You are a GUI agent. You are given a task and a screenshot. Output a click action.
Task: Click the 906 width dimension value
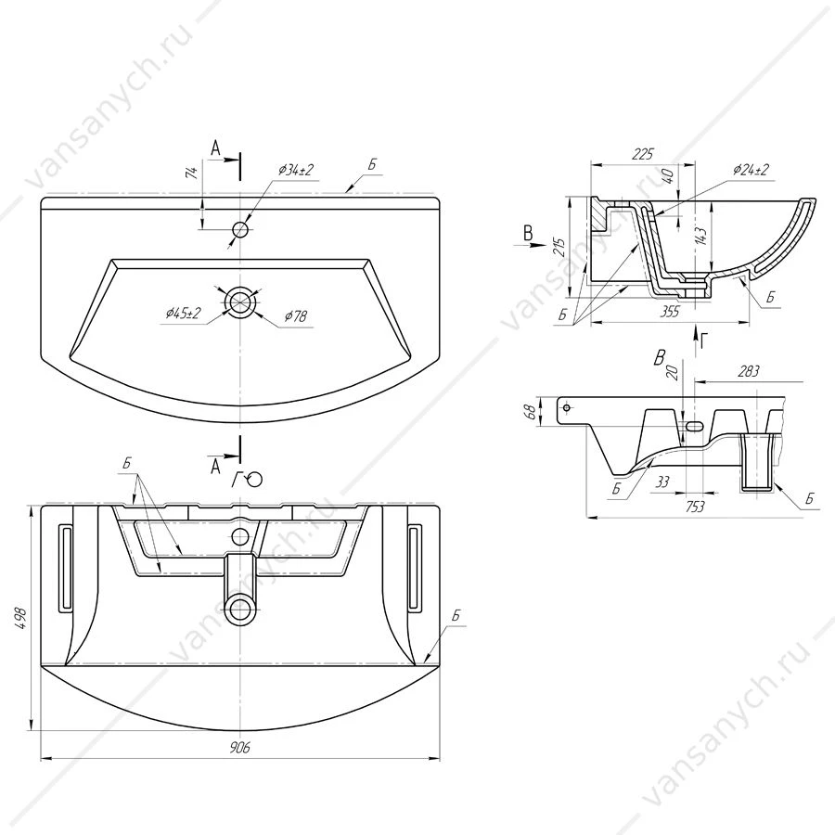point(239,747)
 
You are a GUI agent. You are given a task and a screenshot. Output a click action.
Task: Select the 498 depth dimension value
point(20,618)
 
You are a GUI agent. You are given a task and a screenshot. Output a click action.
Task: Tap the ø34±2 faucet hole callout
point(296,170)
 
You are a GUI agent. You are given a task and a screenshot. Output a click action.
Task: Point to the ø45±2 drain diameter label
point(183,314)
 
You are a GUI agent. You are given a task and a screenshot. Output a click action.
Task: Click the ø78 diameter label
point(296,316)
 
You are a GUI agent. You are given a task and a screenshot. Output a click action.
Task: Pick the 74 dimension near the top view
point(192,172)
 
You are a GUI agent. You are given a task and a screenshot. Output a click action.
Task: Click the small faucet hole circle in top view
point(240,230)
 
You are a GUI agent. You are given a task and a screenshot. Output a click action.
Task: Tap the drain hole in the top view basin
point(240,302)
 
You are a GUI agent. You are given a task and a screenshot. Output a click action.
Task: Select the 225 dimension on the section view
point(642,154)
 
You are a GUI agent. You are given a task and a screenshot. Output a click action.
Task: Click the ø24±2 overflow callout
point(751,170)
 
